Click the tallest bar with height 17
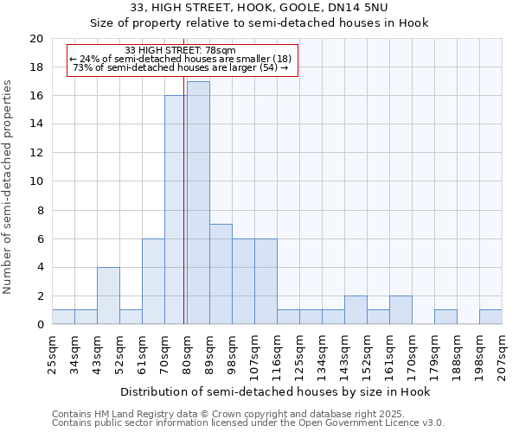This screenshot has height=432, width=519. (x=198, y=203)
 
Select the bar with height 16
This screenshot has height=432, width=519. (x=175, y=210)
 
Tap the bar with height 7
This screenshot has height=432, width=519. (x=221, y=274)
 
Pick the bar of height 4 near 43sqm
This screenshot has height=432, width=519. (x=108, y=295)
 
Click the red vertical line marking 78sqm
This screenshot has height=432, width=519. (x=184, y=199)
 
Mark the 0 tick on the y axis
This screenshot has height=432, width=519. (x=39, y=325)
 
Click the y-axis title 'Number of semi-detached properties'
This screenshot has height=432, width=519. (x=9, y=187)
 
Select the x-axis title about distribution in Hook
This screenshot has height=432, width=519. (x=274, y=391)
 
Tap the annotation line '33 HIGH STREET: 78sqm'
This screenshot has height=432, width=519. (x=180, y=51)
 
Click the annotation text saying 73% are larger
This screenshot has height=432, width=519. (x=180, y=67)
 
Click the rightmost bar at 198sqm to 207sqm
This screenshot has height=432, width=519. (x=490, y=317)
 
